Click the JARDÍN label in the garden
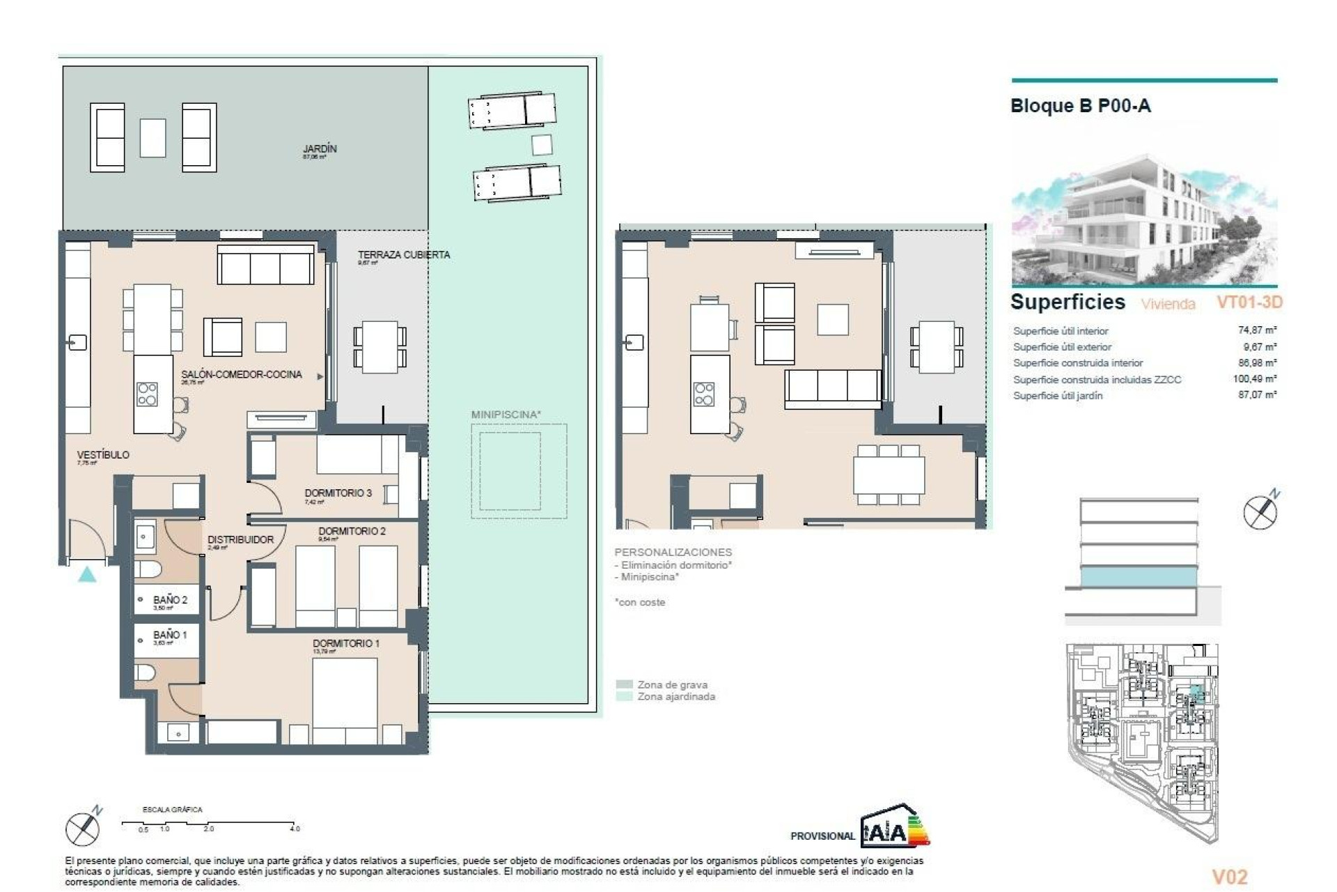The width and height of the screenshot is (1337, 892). tap(320, 149)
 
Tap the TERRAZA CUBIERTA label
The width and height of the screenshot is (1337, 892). tap(403, 255)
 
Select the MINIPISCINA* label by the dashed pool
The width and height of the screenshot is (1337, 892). tap(506, 415)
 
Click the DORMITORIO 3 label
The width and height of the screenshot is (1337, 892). tap(338, 493)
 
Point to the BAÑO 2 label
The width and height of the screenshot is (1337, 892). tap(170, 600)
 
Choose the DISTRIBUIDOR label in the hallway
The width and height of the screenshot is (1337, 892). tap(240, 539)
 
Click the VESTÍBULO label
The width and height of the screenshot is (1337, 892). tap(103, 454)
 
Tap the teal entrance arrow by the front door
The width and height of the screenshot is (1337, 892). tap(86, 574)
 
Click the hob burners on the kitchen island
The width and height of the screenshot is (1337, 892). tap(147, 394)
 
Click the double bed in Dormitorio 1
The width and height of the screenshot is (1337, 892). tap(345, 700)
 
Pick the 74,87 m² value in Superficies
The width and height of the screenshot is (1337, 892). tap(1257, 330)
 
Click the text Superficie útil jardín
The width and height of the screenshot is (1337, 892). tap(1057, 396)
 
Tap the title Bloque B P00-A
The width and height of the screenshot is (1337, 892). tap(1080, 106)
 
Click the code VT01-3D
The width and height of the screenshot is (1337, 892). tap(1249, 302)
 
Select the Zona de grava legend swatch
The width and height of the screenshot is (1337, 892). tap(625, 684)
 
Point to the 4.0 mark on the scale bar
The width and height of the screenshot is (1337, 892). tap(295, 829)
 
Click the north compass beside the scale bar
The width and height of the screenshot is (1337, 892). tap(83, 829)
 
